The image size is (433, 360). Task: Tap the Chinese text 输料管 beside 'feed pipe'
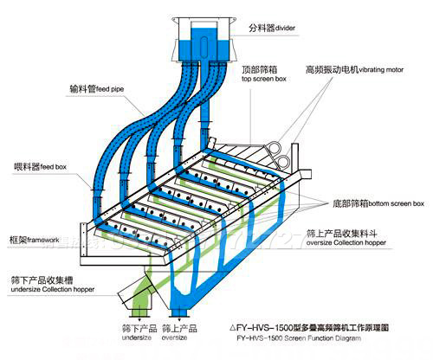(x=84, y=88)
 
